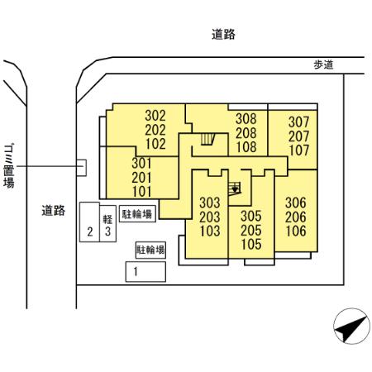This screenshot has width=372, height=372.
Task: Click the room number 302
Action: (155, 117)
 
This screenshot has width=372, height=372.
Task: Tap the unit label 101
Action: (142, 192)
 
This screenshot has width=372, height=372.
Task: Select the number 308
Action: (246, 118)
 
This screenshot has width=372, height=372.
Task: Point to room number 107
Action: (298, 150)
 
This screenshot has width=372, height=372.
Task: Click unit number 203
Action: (210, 217)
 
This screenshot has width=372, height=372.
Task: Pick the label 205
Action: (251, 230)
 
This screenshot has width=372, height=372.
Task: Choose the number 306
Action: (296, 202)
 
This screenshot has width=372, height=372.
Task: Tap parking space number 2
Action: (89, 232)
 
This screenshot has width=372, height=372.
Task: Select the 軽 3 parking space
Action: (107, 226)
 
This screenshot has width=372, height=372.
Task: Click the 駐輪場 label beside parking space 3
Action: (136, 213)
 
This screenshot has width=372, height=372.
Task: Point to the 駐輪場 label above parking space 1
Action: (150, 248)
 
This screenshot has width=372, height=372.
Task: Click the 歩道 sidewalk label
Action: (323, 65)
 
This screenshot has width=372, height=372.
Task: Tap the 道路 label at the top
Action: (223, 35)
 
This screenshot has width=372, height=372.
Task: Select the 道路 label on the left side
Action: (54, 210)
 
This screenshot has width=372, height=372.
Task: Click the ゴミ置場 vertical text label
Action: (9, 162)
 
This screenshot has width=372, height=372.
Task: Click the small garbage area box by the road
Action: (80, 167)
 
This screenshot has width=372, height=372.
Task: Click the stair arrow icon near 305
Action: (236, 188)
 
